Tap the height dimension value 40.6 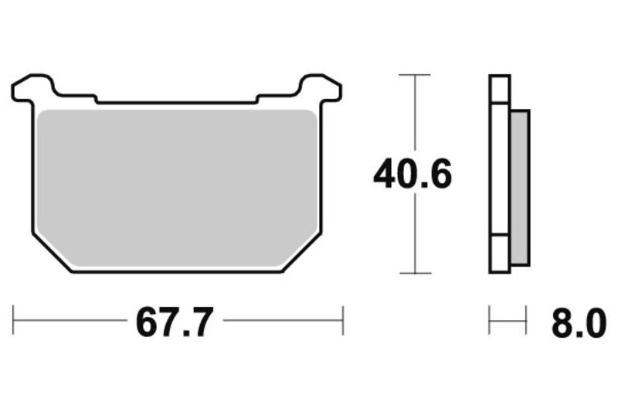tap(413, 175)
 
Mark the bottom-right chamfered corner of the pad tap(301, 251)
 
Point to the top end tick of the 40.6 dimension tap(415, 75)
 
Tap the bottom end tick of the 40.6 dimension tap(415, 273)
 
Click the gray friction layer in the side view tap(520, 186)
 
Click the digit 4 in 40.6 tap(385, 175)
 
